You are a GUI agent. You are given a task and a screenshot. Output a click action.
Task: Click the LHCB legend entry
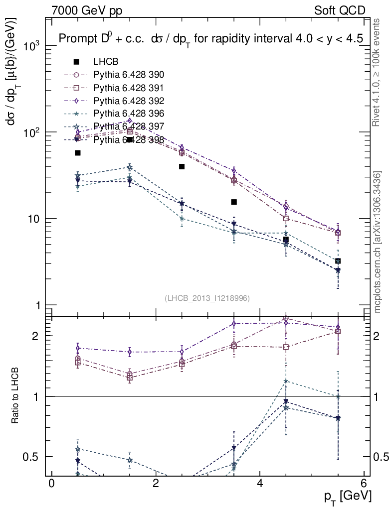point(105,62)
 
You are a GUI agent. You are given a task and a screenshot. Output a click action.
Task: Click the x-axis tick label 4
point(260,483)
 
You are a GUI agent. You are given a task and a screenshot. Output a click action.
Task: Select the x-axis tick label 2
point(156,483)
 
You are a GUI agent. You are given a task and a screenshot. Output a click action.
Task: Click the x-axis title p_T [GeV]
point(348,496)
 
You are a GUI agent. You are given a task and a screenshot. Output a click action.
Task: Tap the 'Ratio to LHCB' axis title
point(15,396)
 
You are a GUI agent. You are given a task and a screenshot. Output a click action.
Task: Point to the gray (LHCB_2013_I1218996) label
point(207,298)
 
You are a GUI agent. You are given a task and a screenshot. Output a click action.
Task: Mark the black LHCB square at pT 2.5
point(182,166)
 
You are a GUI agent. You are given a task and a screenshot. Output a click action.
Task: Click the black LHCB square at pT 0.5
point(78,153)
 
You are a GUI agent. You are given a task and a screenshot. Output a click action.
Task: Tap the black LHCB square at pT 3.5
point(234,202)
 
